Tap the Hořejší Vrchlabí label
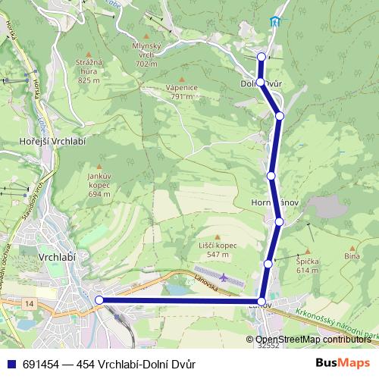coord(47,142)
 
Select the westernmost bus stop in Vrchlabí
coord(99,300)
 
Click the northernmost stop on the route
coord(262,56)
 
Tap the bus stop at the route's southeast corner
coord(262,302)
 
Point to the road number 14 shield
coord(30,303)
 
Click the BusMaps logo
coord(343,363)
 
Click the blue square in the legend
coord(9,364)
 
